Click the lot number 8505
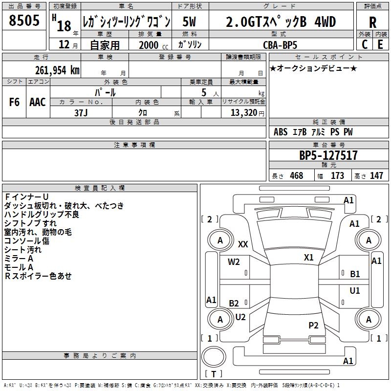pyautogui.click(x=24, y=20)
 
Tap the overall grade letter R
pyautogui.click(x=372, y=22)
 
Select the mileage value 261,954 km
pyautogui.click(x=57, y=70)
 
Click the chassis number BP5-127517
pyautogui.click(x=328, y=155)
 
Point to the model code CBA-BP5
pyautogui.click(x=280, y=45)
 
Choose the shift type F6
pyautogui.click(x=14, y=102)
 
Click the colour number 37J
pyautogui.click(x=81, y=113)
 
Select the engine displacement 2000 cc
pyautogui.click(x=153, y=45)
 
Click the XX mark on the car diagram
pyautogui.click(x=243, y=244)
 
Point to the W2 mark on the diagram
pyautogui.click(x=234, y=262)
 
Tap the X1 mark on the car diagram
pyautogui.click(x=308, y=258)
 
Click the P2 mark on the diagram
pyautogui.click(x=313, y=326)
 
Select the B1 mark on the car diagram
pyautogui.click(x=355, y=274)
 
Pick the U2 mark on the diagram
pyautogui.click(x=240, y=317)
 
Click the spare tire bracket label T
pyautogui.click(x=214, y=374)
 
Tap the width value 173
pyautogui.click(x=337, y=175)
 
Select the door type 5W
pyautogui.click(x=189, y=22)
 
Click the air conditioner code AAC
pyautogui.click(x=38, y=102)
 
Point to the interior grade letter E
pyautogui.click(x=380, y=44)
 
